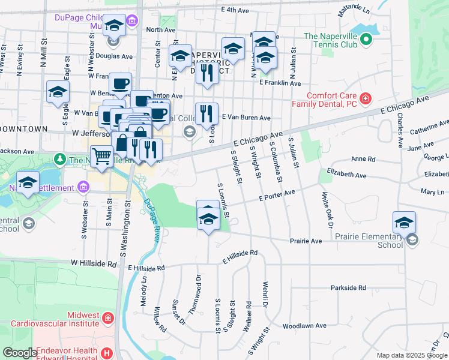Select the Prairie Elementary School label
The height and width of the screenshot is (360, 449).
[x=382, y=241]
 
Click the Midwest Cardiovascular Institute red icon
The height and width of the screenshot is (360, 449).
[x=107, y=317]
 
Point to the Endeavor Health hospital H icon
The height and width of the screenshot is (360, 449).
[x=107, y=353]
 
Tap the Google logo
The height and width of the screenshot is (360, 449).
[x=20, y=353]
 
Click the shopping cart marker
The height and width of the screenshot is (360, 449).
[x=101, y=157]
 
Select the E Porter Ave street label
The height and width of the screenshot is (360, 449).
[x=277, y=195]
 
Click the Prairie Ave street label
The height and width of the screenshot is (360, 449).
[x=306, y=241]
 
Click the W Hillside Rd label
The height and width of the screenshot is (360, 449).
[x=93, y=263]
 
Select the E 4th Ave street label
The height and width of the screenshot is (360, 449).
[x=235, y=10]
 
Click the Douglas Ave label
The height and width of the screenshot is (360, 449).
[x=118, y=56]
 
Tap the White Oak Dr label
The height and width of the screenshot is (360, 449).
[x=327, y=211]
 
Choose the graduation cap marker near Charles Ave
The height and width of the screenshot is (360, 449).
[x=405, y=222]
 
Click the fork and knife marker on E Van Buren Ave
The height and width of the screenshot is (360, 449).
[x=207, y=113]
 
